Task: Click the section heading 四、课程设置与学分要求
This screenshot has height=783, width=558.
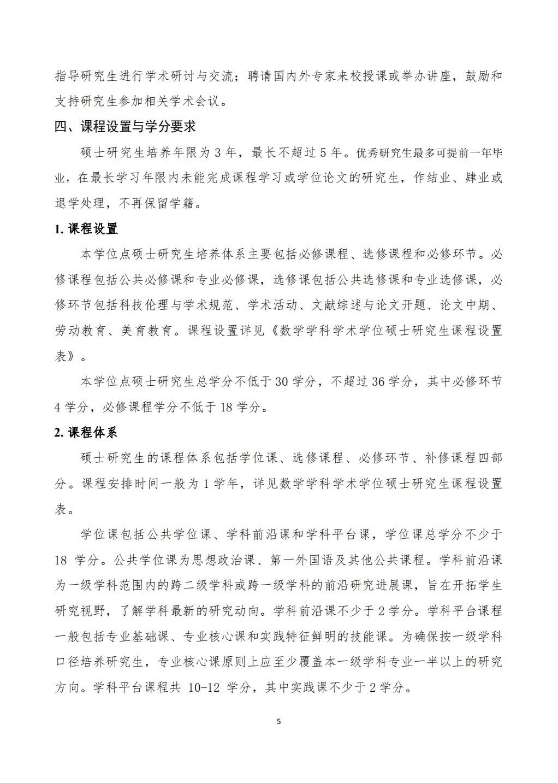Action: coord(125,127)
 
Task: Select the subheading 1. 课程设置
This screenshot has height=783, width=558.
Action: coord(86,229)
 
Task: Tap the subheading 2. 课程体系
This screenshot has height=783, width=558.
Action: coord(86,433)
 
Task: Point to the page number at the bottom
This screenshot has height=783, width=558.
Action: coord(279,721)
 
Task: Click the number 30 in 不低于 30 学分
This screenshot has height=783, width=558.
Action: coord(281,382)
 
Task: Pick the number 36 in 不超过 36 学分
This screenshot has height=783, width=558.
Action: coord(378,382)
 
